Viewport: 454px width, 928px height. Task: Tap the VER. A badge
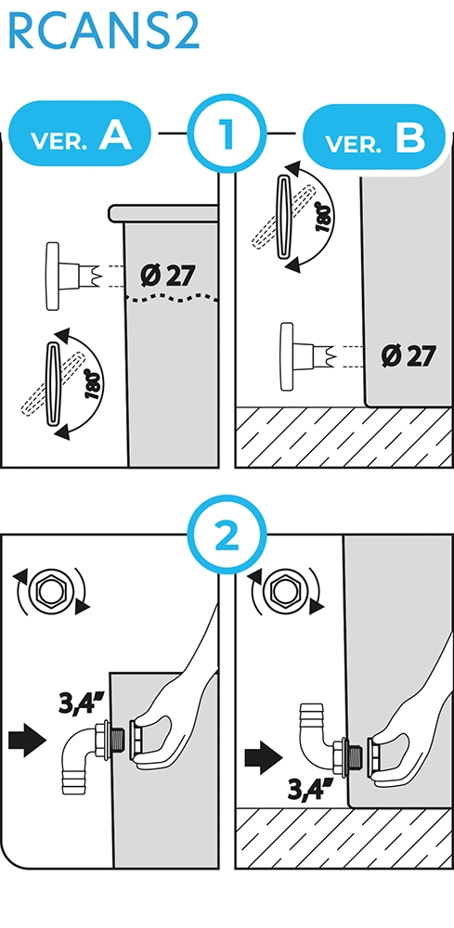coord(81,133)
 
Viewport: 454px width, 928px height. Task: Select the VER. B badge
coord(373,136)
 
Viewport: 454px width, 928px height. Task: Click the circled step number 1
coord(227,134)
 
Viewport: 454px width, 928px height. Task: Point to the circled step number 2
coord(227,535)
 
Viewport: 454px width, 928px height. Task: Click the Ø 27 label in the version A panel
coord(168,276)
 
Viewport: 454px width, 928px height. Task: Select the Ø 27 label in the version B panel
coord(409,355)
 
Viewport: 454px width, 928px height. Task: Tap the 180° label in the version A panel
coord(93,384)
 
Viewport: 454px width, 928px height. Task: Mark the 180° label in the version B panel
coord(323,216)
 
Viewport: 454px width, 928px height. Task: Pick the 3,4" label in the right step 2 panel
coord(310,788)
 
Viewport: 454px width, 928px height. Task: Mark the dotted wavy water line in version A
coord(173,298)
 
